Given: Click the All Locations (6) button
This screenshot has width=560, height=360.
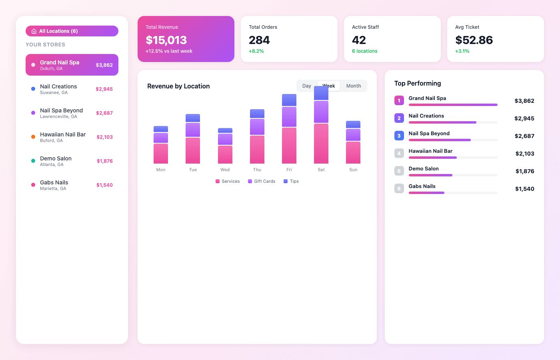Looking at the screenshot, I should point(72,31).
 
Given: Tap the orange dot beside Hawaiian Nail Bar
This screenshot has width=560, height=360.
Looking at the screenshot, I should point(33,137).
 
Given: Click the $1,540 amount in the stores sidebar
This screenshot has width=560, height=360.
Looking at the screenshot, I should point(104,185).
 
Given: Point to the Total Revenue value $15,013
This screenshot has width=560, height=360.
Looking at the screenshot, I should point(166,40).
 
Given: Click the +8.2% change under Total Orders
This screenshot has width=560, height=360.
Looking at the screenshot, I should point(256,51).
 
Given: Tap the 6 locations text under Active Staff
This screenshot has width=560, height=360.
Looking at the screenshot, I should point(365,51).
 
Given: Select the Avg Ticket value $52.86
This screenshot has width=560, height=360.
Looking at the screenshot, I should point(474,40).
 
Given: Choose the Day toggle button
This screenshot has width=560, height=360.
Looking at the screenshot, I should point(307,86).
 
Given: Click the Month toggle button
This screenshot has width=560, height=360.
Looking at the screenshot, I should point(354,86).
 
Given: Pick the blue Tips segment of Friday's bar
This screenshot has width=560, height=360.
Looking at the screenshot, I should point(289,100).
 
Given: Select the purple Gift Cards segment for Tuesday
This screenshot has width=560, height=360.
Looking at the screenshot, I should point(193,130).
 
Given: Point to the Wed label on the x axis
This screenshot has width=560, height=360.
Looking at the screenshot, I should point(225,170).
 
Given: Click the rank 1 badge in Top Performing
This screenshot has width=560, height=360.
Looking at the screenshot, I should point(399,100).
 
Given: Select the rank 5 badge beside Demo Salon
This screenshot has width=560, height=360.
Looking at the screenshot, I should point(399,171).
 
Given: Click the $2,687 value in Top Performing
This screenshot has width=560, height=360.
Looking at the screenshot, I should point(524,136).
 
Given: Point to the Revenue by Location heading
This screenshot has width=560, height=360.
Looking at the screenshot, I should point(178,86).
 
